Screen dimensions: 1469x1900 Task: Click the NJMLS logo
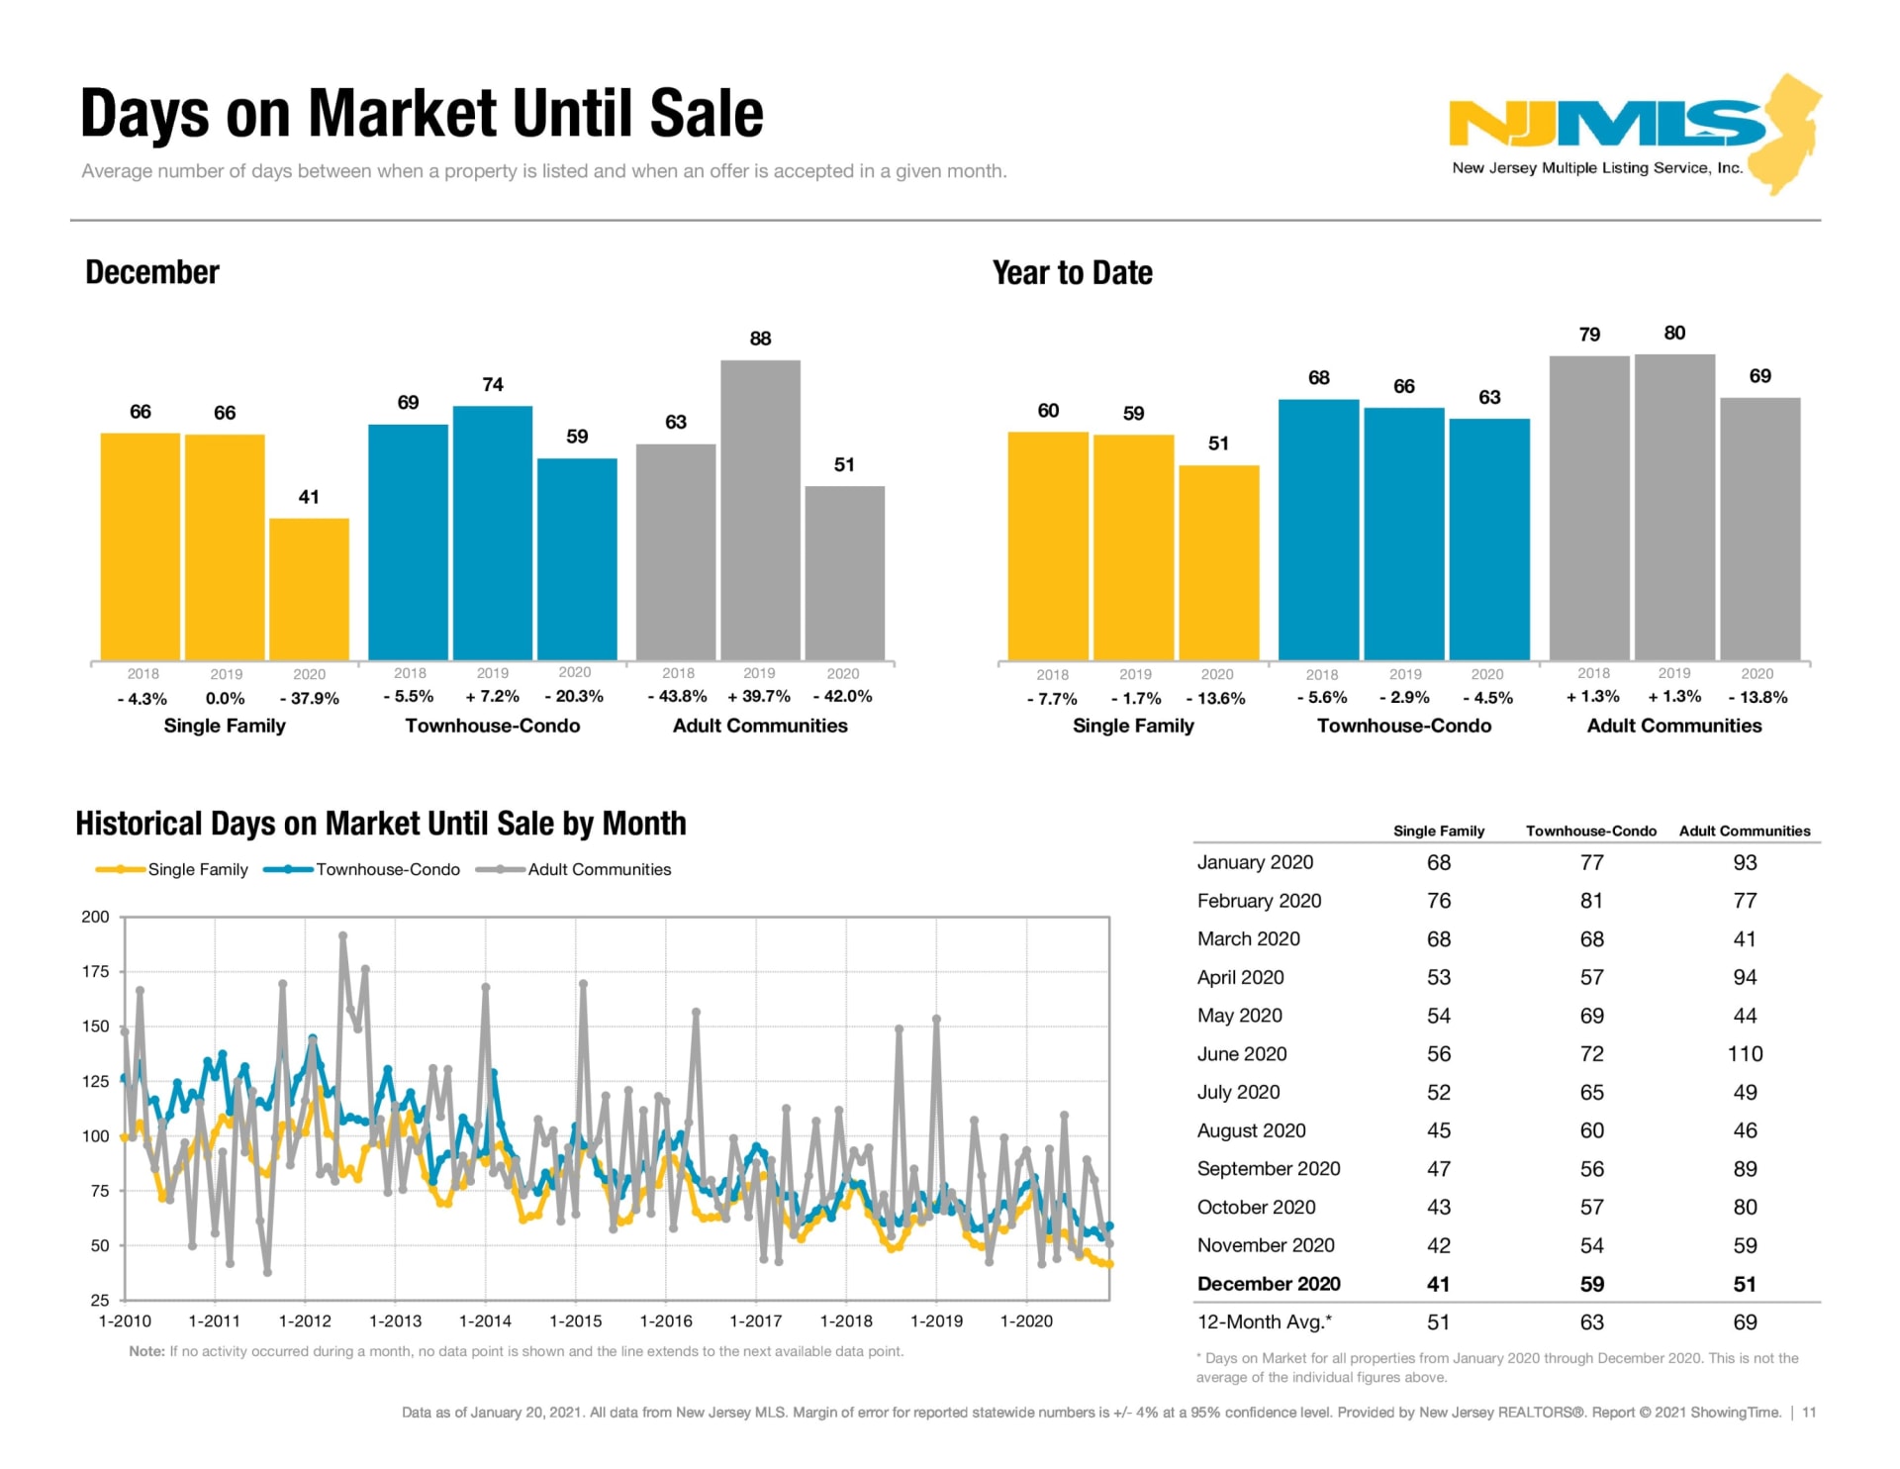[1633, 134]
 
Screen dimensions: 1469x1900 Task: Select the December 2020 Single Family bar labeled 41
[309, 588]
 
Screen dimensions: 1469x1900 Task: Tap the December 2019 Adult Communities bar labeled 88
[760, 509]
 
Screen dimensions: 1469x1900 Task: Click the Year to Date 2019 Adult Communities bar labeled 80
[1674, 506]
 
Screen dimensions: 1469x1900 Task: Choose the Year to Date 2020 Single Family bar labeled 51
[1218, 561]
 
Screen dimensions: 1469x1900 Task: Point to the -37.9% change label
[310, 698]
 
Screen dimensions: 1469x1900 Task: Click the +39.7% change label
[759, 697]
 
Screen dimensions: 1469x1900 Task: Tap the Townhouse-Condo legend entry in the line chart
[387, 869]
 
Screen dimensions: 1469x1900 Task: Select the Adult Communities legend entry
[599, 869]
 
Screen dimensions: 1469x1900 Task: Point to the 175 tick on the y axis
[96, 971]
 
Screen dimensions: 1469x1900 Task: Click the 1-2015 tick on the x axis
[576, 1321]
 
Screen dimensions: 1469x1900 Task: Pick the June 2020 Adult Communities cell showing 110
[1745, 1053]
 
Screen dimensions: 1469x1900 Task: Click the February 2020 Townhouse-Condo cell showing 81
[1591, 901]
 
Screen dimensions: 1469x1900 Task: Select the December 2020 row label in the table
[1269, 1284]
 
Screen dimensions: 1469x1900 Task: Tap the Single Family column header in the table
[1439, 831]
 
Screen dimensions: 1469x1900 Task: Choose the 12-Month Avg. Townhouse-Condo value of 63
[1591, 1322]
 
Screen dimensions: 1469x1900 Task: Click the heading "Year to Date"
[1073, 273]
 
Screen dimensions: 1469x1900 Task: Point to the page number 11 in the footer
[1809, 1413]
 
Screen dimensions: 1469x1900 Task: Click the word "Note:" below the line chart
[146, 1351]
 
